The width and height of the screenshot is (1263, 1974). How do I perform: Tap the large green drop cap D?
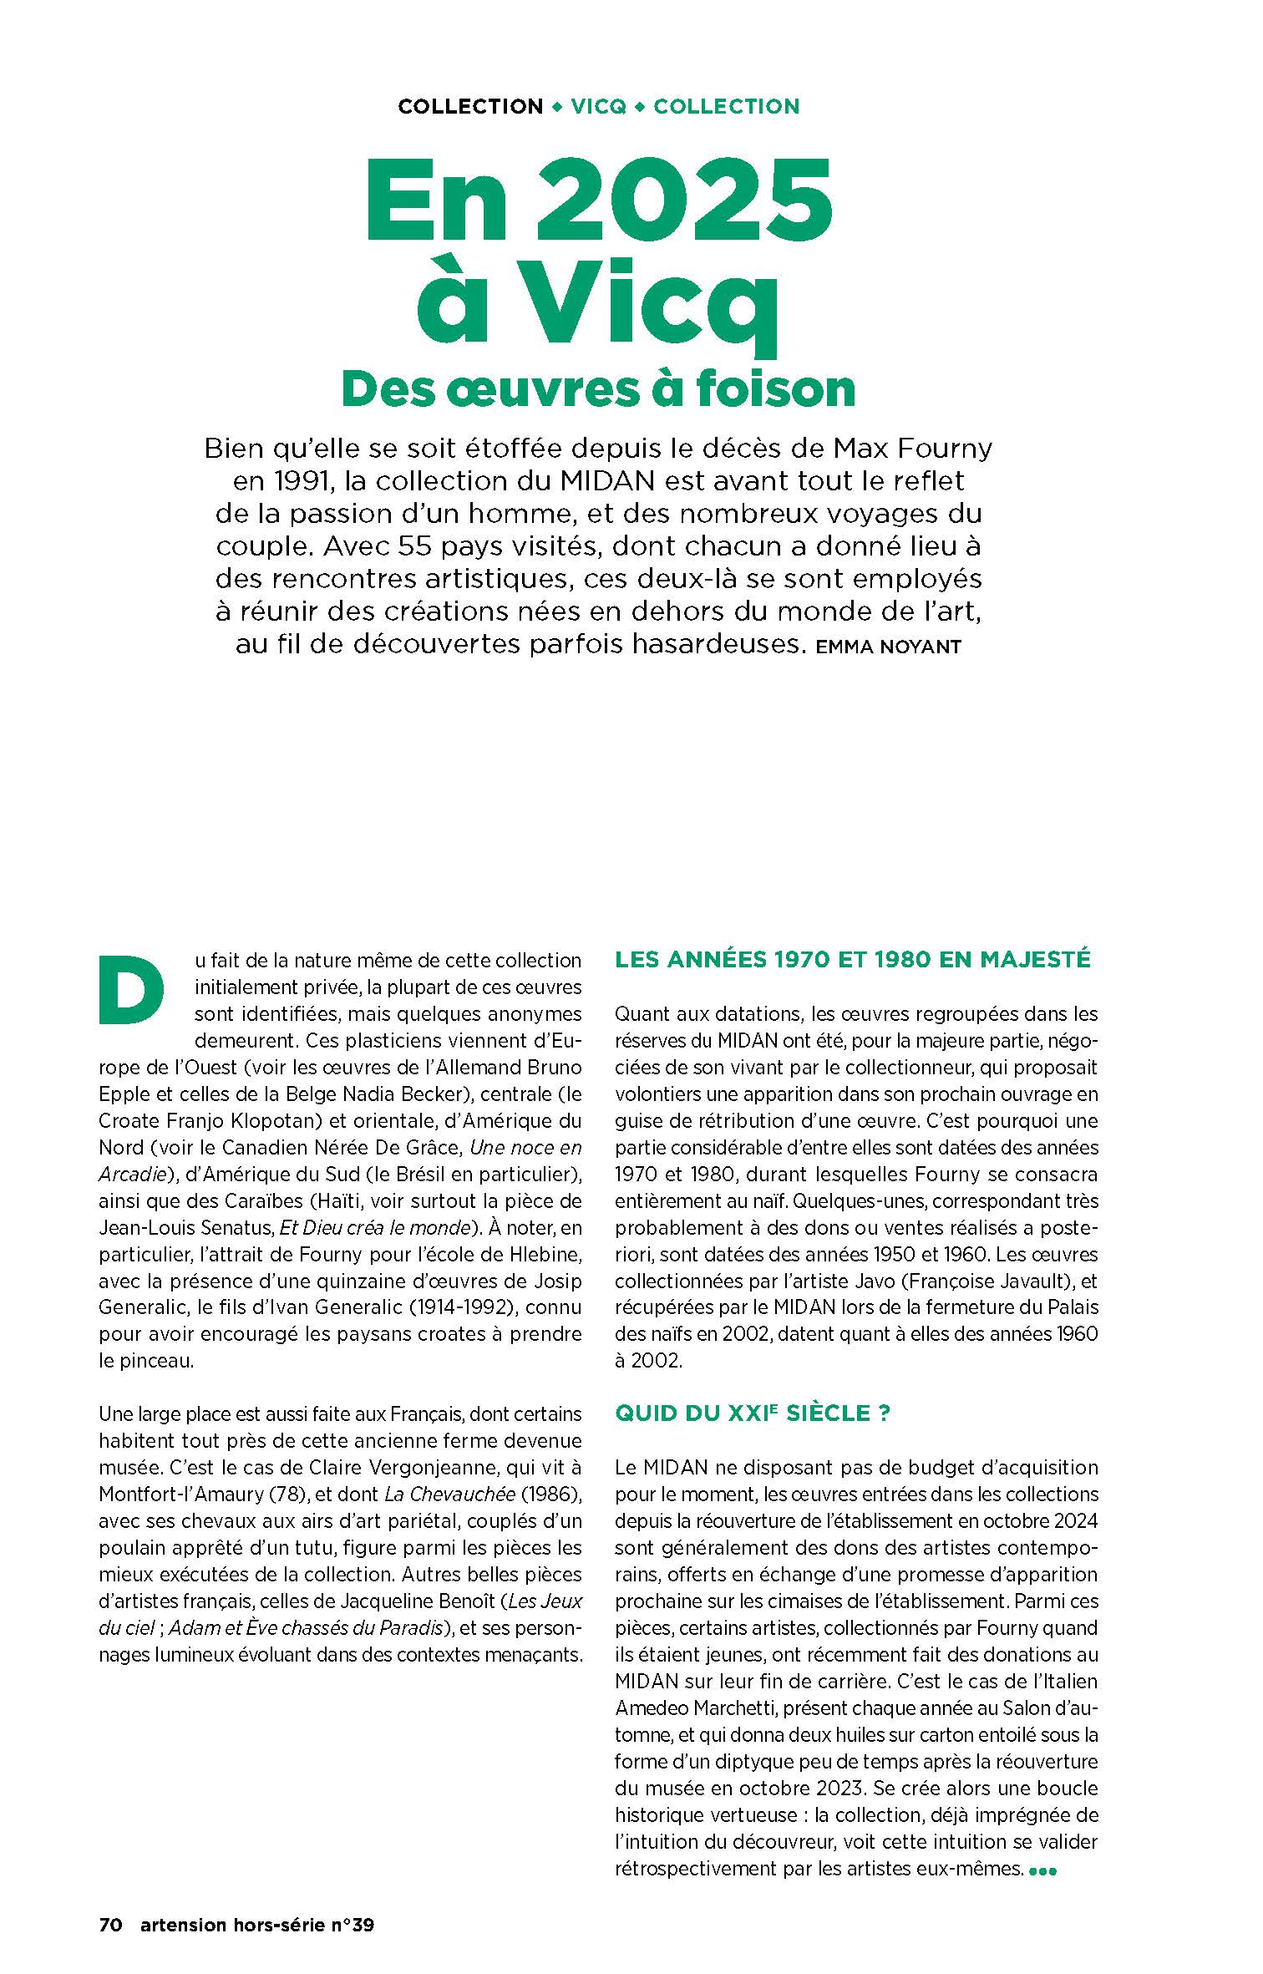[130, 992]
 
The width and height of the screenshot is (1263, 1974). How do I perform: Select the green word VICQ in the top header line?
[598, 107]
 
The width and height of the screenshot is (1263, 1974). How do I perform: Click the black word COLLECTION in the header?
[470, 107]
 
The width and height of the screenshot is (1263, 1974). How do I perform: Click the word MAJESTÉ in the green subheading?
[1035, 959]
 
